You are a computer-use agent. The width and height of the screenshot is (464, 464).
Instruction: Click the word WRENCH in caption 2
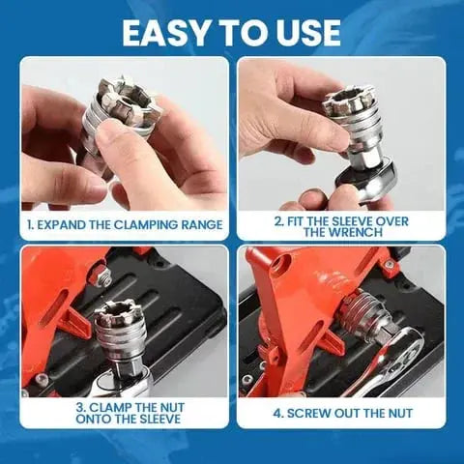tap(341, 232)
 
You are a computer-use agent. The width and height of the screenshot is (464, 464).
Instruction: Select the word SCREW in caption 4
tap(306, 412)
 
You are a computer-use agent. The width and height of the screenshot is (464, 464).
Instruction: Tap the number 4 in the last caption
tap(276, 412)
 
